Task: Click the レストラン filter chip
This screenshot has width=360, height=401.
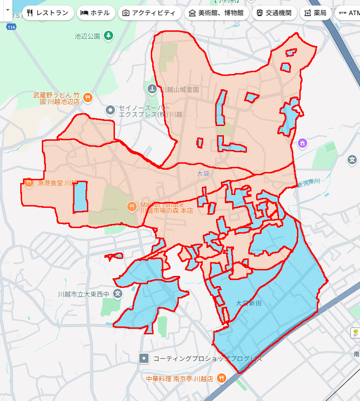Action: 48,13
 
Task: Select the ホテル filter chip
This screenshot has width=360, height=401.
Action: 96,13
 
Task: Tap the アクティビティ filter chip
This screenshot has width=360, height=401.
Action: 149,13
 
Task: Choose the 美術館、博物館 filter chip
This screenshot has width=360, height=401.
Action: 217,13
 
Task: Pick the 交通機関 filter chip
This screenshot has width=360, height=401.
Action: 274,13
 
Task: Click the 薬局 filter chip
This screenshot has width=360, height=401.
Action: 315,13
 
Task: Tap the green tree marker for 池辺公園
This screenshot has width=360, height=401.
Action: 108,35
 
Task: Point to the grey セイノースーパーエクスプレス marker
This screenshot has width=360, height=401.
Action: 110,110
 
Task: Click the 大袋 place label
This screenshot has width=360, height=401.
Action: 203,174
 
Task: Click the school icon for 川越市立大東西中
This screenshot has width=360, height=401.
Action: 118,293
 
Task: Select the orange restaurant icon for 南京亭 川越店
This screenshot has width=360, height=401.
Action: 222,378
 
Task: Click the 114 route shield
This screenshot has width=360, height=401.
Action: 11,28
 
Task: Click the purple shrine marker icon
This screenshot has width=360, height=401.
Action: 302,143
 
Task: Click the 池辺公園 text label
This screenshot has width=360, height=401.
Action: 87,36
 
